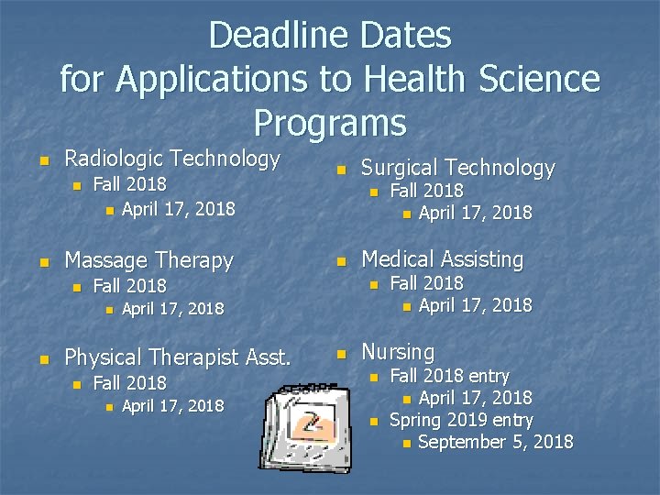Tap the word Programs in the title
(x=330, y=122)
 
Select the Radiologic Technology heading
(x=171, y=159)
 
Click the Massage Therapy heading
(x=148, y=260)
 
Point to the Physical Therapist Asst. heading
(x=178, y=357)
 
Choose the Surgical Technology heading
(x=458, y=168)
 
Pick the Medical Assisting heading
(x=443, y=259)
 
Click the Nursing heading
(x=398, y=351)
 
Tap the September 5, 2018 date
(x=495, y=443)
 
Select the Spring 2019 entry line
(x=461, y=421)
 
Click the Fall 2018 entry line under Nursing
(x=449, y=375)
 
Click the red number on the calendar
(x=313, y=424)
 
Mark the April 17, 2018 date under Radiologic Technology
(x=178, y=209)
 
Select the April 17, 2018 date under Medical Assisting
(x=475, y=305)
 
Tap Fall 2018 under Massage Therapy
(x=130, y=286)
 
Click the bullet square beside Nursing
(x=342, y=353)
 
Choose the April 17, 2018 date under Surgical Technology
(x=475, y=214)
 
